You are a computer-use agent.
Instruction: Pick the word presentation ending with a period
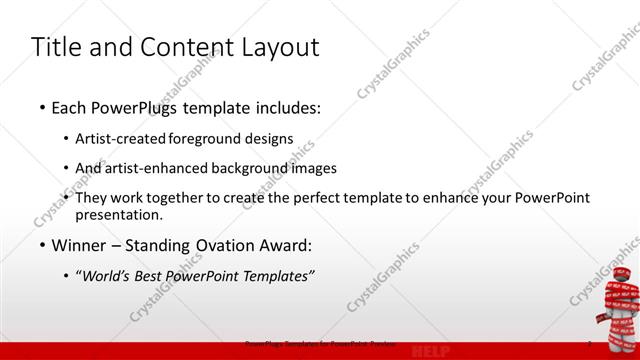(119, 214)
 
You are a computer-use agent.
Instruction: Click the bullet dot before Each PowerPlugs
(42, 107)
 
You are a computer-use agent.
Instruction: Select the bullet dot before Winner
(42, 245)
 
